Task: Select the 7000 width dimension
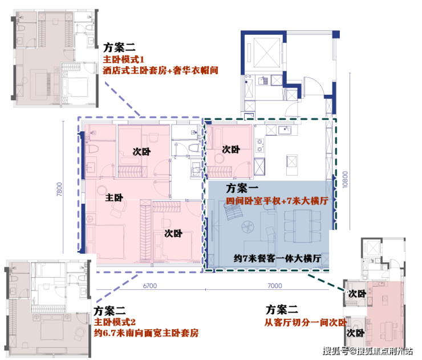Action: (x=274, y=285)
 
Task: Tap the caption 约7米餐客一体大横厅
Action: (x=278, y=258)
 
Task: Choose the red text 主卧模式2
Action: (x=116, y=322)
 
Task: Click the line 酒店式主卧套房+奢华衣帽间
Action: (x=161, y=71)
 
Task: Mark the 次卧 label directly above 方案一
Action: (x=230, y=149)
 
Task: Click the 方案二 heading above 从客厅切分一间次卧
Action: (x=282, y=310)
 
